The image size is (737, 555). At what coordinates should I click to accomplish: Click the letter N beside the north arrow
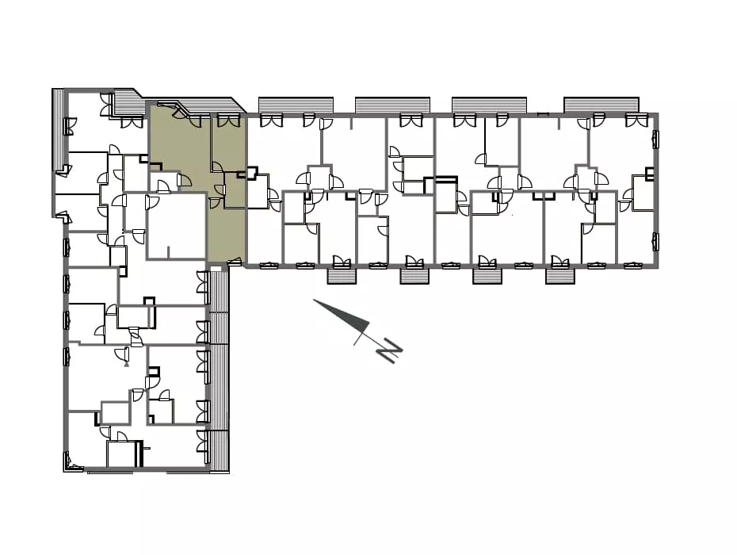[391, 350]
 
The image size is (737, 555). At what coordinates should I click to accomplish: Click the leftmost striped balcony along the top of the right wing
[296, 105]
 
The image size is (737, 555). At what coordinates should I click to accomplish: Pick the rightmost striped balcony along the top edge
[601, 105]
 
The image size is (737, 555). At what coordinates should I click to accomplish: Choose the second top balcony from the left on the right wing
[392, 105]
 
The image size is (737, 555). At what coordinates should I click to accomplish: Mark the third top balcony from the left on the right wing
[489, 105]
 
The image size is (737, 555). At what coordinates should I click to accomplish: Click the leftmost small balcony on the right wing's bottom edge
[342, 276]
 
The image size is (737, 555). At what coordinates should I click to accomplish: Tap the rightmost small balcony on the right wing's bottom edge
[560, 276]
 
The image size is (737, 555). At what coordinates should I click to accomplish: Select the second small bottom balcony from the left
[414, 276]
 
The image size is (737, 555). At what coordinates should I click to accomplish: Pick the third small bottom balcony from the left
[487, 276]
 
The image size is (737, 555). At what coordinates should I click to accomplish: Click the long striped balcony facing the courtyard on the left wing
[219, 369]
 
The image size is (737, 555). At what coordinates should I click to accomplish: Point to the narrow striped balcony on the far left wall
[58, 128]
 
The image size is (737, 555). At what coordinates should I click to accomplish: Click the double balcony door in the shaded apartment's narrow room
[228, 120]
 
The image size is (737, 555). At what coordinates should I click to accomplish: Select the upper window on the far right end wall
[655, 140]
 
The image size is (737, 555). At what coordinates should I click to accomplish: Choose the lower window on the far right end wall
[655, 242]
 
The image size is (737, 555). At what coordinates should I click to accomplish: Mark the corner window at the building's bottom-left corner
[71, 463]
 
